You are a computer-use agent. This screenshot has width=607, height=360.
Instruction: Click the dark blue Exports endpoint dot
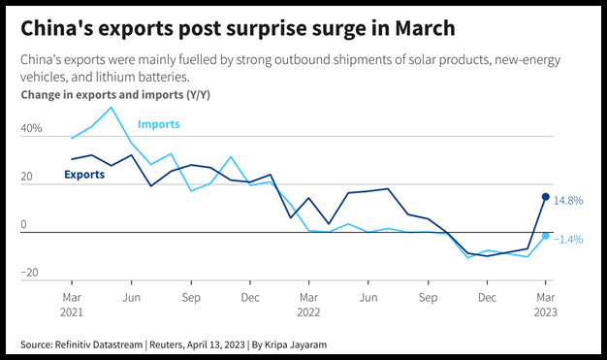pos(546,197)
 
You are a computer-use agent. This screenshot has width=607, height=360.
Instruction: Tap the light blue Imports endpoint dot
pos(546,236)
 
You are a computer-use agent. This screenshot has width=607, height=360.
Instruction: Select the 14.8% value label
pos(568,200)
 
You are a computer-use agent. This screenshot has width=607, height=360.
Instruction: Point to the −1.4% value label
pos(568,240)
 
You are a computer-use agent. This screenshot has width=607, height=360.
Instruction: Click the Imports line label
pos(159,124)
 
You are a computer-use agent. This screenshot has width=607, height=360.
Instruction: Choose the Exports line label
pos(84,175)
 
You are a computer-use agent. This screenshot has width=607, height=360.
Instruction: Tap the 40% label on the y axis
pos(31,128)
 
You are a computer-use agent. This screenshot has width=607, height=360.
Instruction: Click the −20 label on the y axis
pos(29,273)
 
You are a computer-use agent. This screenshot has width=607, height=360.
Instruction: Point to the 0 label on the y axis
pos(23,224)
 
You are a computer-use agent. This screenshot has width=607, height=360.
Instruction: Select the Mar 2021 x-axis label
pos(72,305)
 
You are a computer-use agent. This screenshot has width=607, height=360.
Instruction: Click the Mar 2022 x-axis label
pos(308,305)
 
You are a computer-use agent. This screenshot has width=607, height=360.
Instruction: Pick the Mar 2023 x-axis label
pos(546,305)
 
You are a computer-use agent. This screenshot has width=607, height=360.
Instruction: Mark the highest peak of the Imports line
pos(112,107)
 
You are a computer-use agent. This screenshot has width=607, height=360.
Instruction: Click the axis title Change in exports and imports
pos(102,95)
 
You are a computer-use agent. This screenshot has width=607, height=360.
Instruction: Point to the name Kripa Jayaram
pos(296,344)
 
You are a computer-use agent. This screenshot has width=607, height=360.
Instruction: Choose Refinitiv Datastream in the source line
pos(99,344)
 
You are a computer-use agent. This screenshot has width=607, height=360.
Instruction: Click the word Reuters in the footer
pos(167,344)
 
